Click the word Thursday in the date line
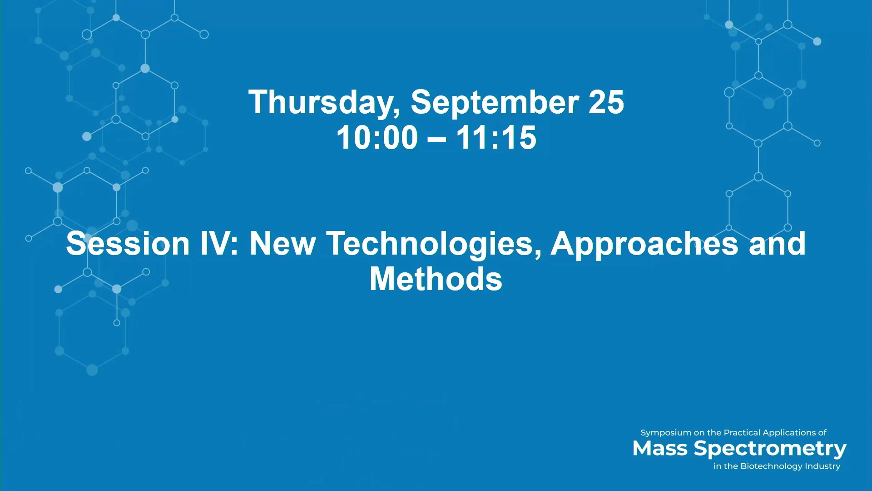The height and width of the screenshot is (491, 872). click(324, 103)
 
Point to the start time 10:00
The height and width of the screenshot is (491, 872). click(377, 137)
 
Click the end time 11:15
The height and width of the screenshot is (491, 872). click(496, 137)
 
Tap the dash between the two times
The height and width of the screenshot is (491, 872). click(437, 139)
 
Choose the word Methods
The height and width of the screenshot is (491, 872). click(436, 279)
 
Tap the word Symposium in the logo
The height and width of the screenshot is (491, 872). click(666, 433)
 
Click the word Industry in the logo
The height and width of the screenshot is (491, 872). click(822, 466)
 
